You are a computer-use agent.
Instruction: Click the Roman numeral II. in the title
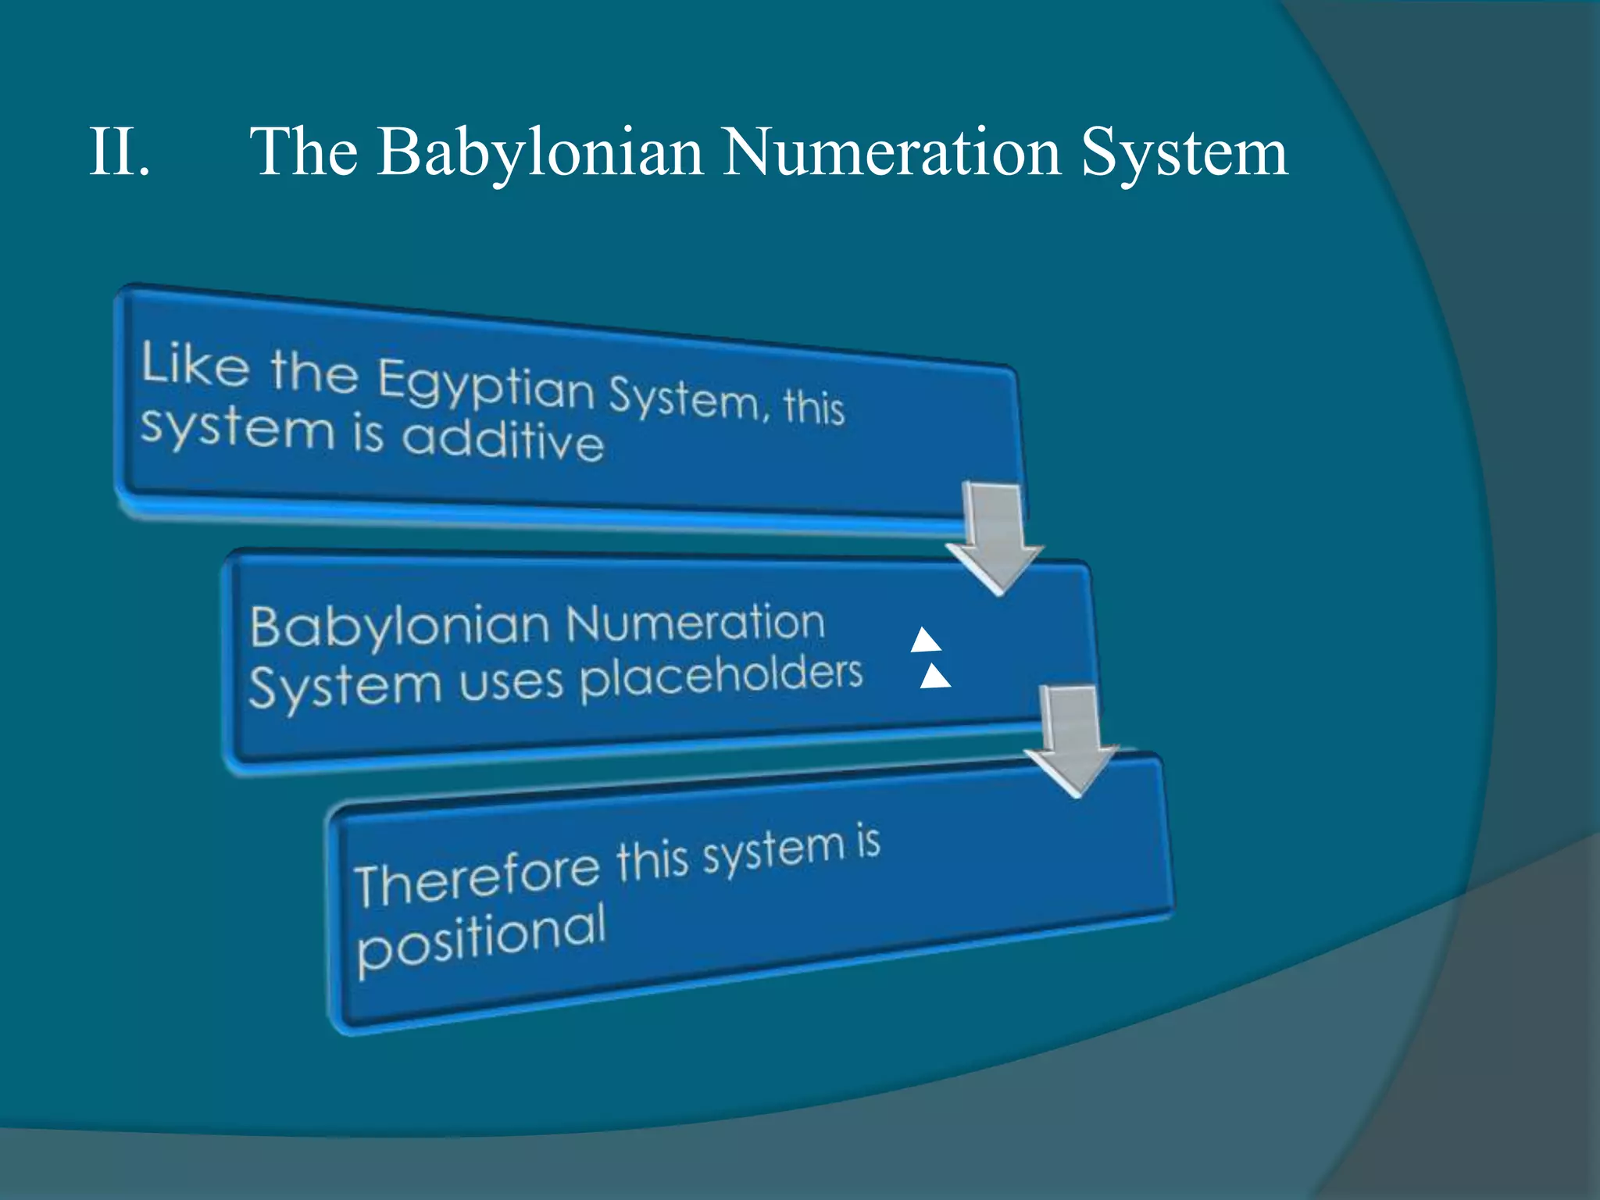click(x=119, y=152)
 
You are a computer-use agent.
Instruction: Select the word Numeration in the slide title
click(x=891, y=152)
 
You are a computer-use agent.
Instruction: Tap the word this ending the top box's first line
click(x=814, y=405)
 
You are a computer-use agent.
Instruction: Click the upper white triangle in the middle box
click(x=926, y=641)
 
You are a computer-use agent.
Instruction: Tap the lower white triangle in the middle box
click(x=934, y=677)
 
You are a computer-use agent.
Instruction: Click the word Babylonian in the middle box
click(x=400, y=627)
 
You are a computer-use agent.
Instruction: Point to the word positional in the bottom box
click(x=481, y=937)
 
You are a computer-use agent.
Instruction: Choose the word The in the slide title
click(x=304, y=152)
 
